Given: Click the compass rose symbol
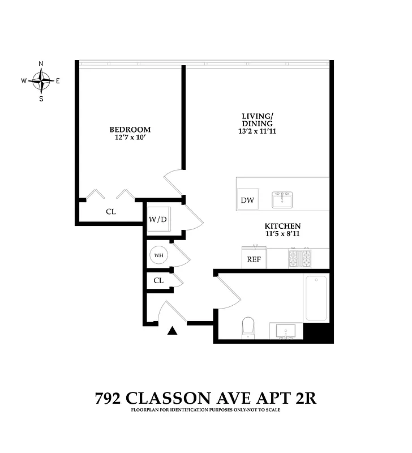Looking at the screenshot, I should (41, 81).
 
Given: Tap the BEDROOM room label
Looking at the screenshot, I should (130, 129).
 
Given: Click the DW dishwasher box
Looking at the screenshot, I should (247, 199).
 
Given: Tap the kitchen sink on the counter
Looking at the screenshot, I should (282, 200).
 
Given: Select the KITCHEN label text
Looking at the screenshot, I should (281, 225).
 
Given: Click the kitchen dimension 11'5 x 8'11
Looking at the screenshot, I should (281, 233).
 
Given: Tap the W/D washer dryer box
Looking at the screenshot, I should (158, 219).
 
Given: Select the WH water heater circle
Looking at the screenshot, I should (159, 255).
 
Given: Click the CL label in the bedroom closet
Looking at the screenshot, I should (111, 212).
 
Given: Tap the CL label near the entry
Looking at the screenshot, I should (159, 280).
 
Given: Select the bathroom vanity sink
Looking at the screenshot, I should (284, 330).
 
